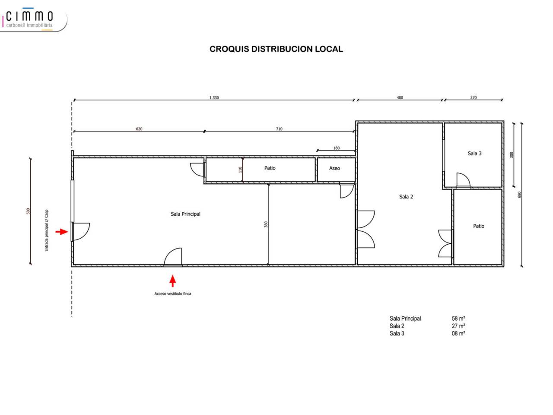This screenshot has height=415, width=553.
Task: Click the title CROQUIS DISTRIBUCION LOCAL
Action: pos(276,49)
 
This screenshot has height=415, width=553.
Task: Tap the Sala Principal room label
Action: pos(185,214)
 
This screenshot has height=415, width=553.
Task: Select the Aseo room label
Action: pos(334,168)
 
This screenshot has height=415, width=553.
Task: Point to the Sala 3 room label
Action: pos(474,153)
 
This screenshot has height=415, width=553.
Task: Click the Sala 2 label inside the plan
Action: pos(406,197)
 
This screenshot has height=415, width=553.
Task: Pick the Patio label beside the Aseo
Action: pos(270,168)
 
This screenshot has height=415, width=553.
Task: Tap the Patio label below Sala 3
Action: pos(478,226)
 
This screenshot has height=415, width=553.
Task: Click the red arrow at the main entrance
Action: pos(62,232)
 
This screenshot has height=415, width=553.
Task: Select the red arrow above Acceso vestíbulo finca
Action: pos(172,281)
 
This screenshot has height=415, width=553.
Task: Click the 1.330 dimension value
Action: pos(214,98)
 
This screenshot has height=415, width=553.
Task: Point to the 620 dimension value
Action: pos(139,129)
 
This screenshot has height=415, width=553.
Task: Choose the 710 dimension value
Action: pos(279,129)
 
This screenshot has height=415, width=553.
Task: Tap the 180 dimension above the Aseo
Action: pos(336,148)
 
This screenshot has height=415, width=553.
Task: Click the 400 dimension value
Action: pos(400,98)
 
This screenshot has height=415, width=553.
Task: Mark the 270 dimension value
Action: pos(474,98)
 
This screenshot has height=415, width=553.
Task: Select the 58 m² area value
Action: pos(458,319)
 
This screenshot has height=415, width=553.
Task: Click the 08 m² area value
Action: pos(458,333)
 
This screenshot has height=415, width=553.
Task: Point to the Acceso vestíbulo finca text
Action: pos(172,294)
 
